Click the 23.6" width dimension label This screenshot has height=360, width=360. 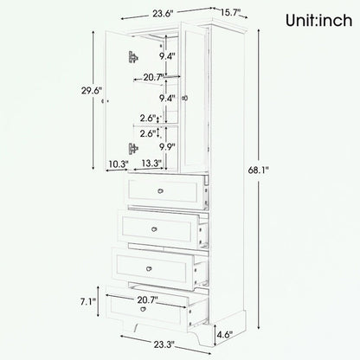coord(157,13)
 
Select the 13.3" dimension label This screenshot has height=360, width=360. coord(150,164)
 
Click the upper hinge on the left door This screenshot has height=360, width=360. coord(132,57)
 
